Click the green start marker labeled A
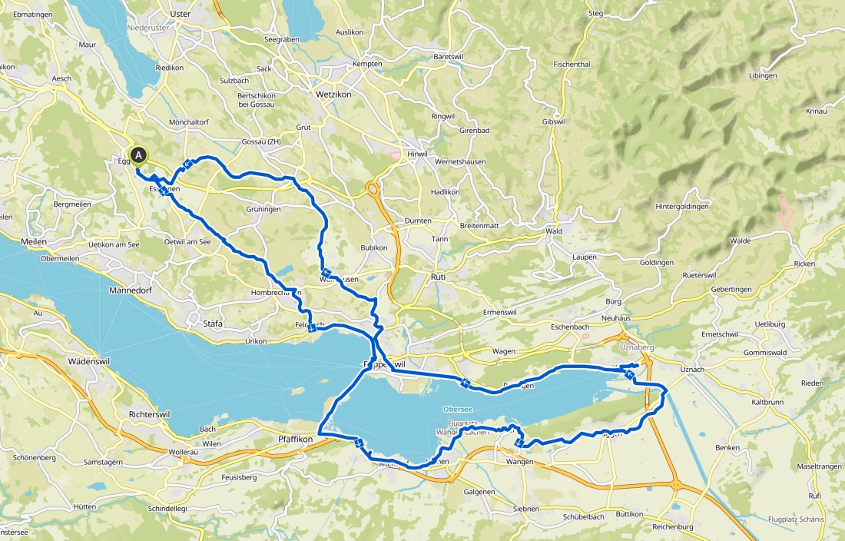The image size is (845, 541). (x=138, y=155)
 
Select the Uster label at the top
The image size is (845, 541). (x=178, y=15)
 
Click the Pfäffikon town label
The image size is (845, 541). (x=292, y=440)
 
